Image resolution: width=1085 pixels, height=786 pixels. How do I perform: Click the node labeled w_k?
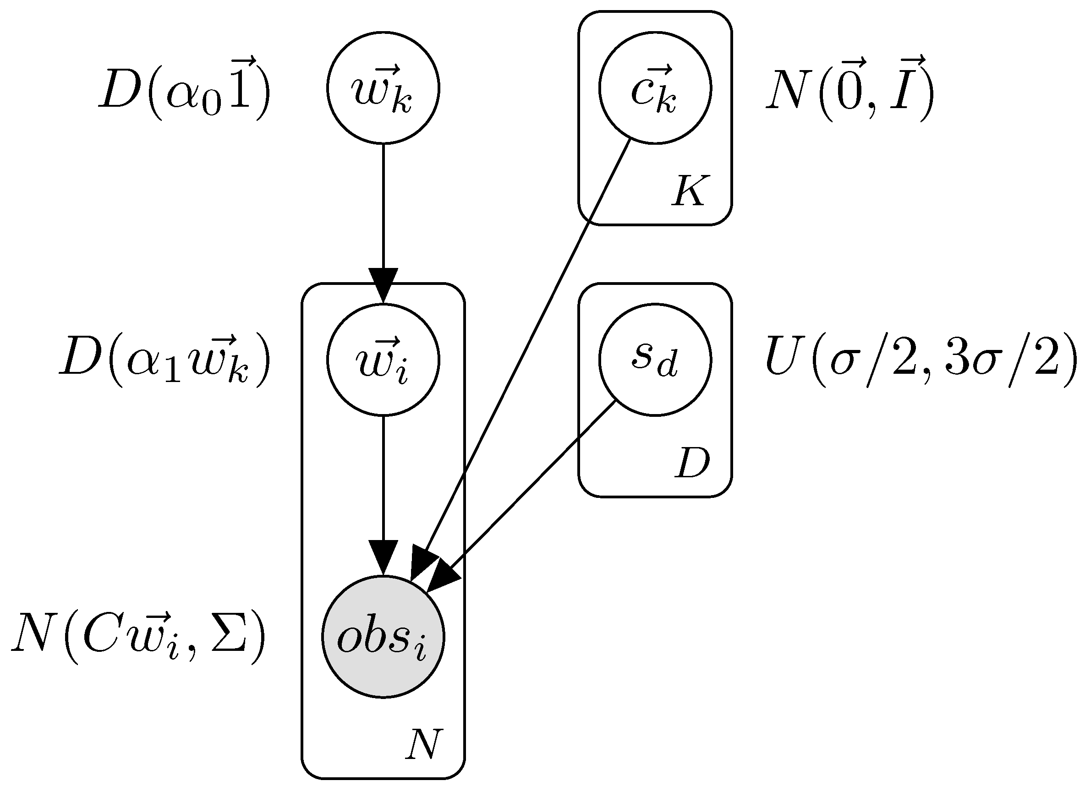[x=383, y=88]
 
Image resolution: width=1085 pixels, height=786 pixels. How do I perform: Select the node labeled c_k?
[x=655, y=88]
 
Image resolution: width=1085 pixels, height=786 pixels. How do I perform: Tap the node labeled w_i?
[x=383, y=360]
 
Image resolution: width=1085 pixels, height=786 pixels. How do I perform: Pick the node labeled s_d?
[x=655, y=360]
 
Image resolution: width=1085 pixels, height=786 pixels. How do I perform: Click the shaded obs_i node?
[x=383, y=637]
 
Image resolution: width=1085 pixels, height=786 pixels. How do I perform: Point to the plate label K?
[x=688, y=191]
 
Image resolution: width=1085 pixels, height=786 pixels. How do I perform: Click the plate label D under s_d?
[x=692, y=463]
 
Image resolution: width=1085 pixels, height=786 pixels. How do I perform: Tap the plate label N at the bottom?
[x=422, y=744]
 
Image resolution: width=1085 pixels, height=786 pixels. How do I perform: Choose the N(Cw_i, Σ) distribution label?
[x=139, y=638]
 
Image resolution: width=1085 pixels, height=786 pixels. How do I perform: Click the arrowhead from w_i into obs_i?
[x=383, y=557]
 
